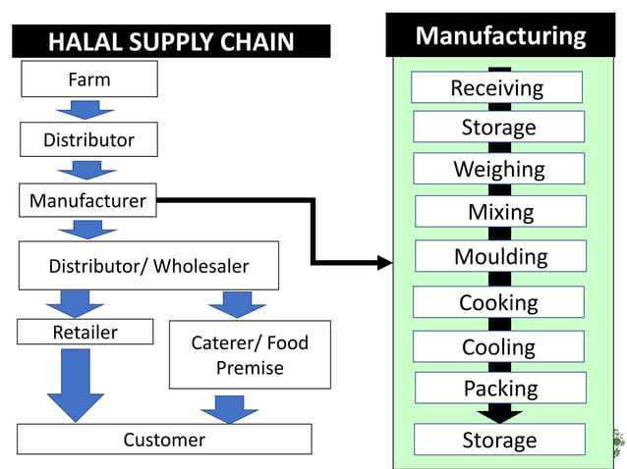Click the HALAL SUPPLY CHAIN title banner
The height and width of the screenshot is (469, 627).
point(171,41)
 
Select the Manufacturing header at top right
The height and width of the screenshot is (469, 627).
point(500,35)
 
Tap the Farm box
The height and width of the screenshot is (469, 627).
point(88,79)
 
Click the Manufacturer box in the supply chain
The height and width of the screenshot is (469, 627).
point(87,201)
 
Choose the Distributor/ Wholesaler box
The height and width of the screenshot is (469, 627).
point(148,266)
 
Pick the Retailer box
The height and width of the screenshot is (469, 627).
point(85,333)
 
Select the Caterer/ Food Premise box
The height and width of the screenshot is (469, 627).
point(250,355)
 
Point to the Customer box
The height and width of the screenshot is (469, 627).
point(164,440)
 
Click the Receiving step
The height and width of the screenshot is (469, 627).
point(496,87)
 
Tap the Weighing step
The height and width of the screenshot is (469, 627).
point(498,169)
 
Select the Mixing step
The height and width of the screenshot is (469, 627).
point(500,212)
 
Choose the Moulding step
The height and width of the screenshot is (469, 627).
point(500,256)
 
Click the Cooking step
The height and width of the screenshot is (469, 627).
point(498,302)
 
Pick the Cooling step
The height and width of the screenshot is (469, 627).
point(498,346)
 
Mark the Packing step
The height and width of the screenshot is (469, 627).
point(500,389)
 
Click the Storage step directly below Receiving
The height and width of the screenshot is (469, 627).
point(498,127)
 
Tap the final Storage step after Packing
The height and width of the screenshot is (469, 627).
point(499,440)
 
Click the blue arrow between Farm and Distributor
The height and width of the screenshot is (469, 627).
point(86,110)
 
